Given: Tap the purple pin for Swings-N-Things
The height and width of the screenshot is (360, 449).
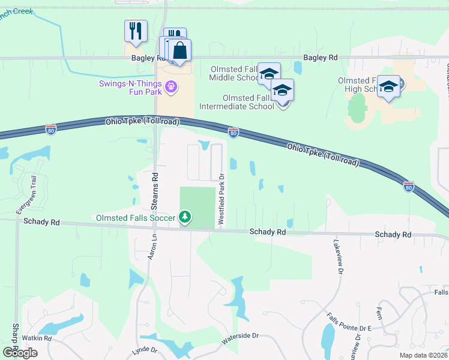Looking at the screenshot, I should pos(172,88).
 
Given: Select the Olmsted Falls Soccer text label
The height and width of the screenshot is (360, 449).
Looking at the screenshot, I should pos(136,217).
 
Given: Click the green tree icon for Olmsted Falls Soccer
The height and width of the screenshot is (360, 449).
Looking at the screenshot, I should pos(185,217).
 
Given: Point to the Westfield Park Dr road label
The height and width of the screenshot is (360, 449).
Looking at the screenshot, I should pos(221,199).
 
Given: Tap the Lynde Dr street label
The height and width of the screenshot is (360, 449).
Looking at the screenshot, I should pos(144,350).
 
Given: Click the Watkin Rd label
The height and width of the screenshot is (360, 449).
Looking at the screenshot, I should pos(37,338).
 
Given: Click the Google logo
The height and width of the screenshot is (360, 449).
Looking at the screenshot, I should pos(20,353).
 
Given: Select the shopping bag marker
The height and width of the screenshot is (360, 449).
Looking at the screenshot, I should pos(179,52).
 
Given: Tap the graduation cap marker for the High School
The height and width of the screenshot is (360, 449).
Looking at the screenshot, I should pos(388,87).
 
